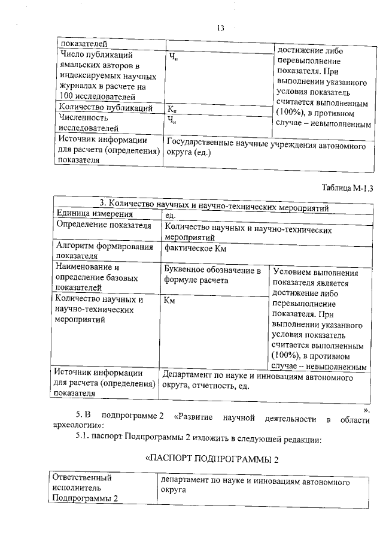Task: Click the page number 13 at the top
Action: tap(220, 28)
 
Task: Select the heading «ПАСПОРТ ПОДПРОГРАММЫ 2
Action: tap(212, 459)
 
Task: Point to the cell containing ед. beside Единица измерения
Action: tap(169, 214)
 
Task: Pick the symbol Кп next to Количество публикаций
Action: tap(172, 109)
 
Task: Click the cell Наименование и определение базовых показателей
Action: tap(96, 277)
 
